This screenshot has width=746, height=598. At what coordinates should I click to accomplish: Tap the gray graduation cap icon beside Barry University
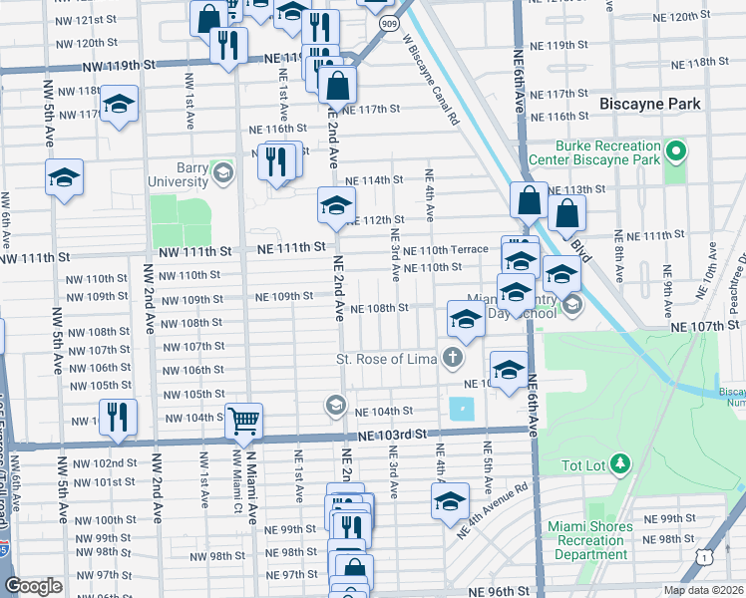click(x=223, y=173)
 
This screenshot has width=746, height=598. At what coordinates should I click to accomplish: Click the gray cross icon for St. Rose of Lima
click(x=454, y=358)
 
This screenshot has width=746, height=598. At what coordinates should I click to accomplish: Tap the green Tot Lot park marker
click(x=620, y=463)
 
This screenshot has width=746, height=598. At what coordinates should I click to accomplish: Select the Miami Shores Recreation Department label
click(x=591, y=539)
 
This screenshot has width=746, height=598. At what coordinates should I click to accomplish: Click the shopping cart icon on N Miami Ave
click(x=243, y=422)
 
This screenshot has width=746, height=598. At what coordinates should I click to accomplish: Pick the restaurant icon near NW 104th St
click(x=118, y=417)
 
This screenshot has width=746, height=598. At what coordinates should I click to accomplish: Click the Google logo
click(x=33, y=586)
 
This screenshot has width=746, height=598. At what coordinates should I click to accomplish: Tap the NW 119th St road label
click(x=124, y=64)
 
